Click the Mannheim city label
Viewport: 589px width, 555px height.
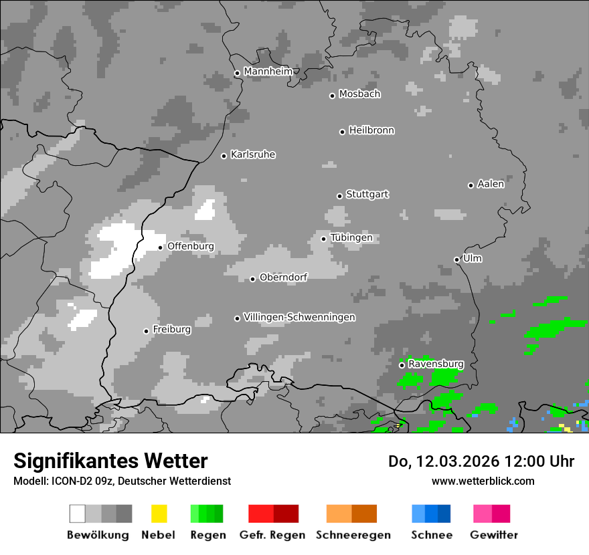268,72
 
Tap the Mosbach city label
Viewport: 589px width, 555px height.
359,94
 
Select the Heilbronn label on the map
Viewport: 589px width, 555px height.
371,130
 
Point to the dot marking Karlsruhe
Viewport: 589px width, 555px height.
224,156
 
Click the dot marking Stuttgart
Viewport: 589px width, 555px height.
339,196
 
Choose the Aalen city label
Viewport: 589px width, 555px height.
491,184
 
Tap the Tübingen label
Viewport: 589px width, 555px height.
351,237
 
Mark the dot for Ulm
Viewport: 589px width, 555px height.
456,259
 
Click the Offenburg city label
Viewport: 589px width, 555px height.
191,246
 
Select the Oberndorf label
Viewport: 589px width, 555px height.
284,277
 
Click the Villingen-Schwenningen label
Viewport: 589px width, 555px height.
299,317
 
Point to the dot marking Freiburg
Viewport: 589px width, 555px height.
146,331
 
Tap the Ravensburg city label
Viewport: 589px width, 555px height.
436,364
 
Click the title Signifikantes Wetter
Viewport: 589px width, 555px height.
110,461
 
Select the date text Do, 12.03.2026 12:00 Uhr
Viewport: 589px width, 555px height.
481,461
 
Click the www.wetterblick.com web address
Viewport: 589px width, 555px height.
483,481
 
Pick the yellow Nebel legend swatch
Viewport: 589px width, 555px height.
159,514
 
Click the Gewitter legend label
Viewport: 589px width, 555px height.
493,535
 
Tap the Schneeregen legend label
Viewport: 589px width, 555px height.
353,535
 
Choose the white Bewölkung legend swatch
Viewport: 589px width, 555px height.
77,514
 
